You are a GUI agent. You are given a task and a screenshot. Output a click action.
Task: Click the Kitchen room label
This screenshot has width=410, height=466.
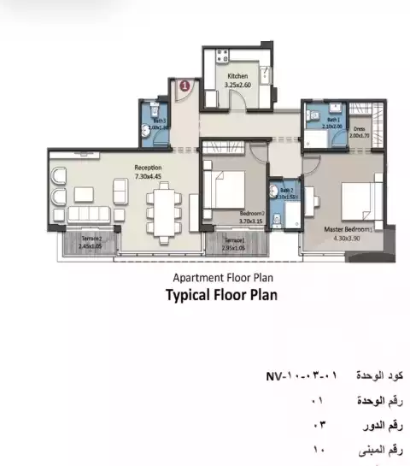pyautogui.click(x=237, y=77)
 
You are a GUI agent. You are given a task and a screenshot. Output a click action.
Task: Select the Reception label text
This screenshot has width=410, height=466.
pyautogui.click(x=149, y=168)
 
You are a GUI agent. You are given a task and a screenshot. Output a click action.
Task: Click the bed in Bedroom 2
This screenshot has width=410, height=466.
pyautogui.click(x=229, y=191)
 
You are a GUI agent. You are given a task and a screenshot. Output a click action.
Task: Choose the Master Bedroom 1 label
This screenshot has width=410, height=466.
pyautogui.click(x=348, y=230)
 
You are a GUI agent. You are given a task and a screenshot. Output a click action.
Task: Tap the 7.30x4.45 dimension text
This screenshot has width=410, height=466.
pyautogui.click(x=149, y=176)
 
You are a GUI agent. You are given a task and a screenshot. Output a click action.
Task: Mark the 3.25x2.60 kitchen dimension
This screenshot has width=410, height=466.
pyautogui.click(x=237, y=86)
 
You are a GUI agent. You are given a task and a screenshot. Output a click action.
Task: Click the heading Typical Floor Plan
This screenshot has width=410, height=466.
pyautogui.click(x=221, y=295)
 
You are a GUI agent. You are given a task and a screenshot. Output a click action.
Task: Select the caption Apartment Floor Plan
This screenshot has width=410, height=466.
pyautogui.click(x=222, y=277)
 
